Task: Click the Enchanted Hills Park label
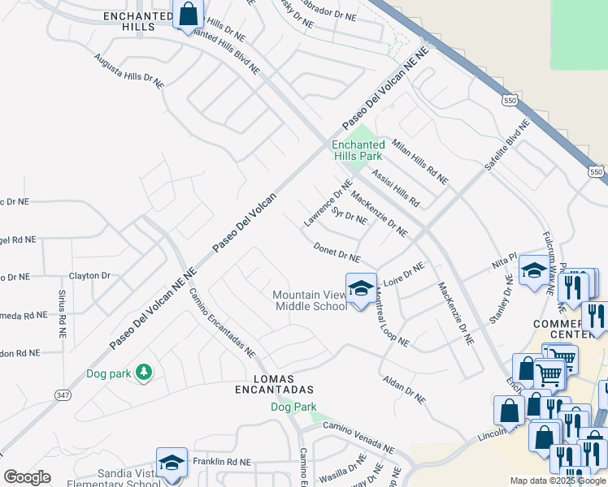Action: click(x=358, y=150)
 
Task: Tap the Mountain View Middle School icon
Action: click(x=360, y=287)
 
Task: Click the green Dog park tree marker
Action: click(x=144, y=372)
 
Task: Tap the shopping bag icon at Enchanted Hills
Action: click(x=188, y=15)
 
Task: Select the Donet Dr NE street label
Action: click(x=337, y=252)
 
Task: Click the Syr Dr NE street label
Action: click(x=350, y=216)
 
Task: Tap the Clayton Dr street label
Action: click(x=89, y=276)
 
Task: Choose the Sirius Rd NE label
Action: click(x=62, y=312)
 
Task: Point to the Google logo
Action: click(x=27, y=477)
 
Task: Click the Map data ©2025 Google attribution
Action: click(x=558, y=481)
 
